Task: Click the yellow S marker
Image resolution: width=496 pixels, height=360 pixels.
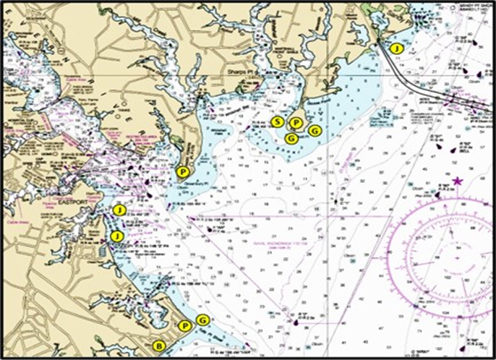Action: point(278,121)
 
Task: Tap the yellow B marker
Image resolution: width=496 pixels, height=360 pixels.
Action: point(158,345)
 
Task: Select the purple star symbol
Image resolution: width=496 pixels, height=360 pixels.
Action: point(457,181)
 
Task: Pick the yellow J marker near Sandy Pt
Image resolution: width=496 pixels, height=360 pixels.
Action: point(396,47)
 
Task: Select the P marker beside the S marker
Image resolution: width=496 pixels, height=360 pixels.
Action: point(295,123)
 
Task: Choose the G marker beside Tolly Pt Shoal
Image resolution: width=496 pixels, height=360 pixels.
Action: point(202,320)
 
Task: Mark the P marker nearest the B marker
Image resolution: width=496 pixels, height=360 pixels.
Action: point(185,326)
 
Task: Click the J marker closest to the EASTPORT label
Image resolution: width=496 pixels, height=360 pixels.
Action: point(120,210)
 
